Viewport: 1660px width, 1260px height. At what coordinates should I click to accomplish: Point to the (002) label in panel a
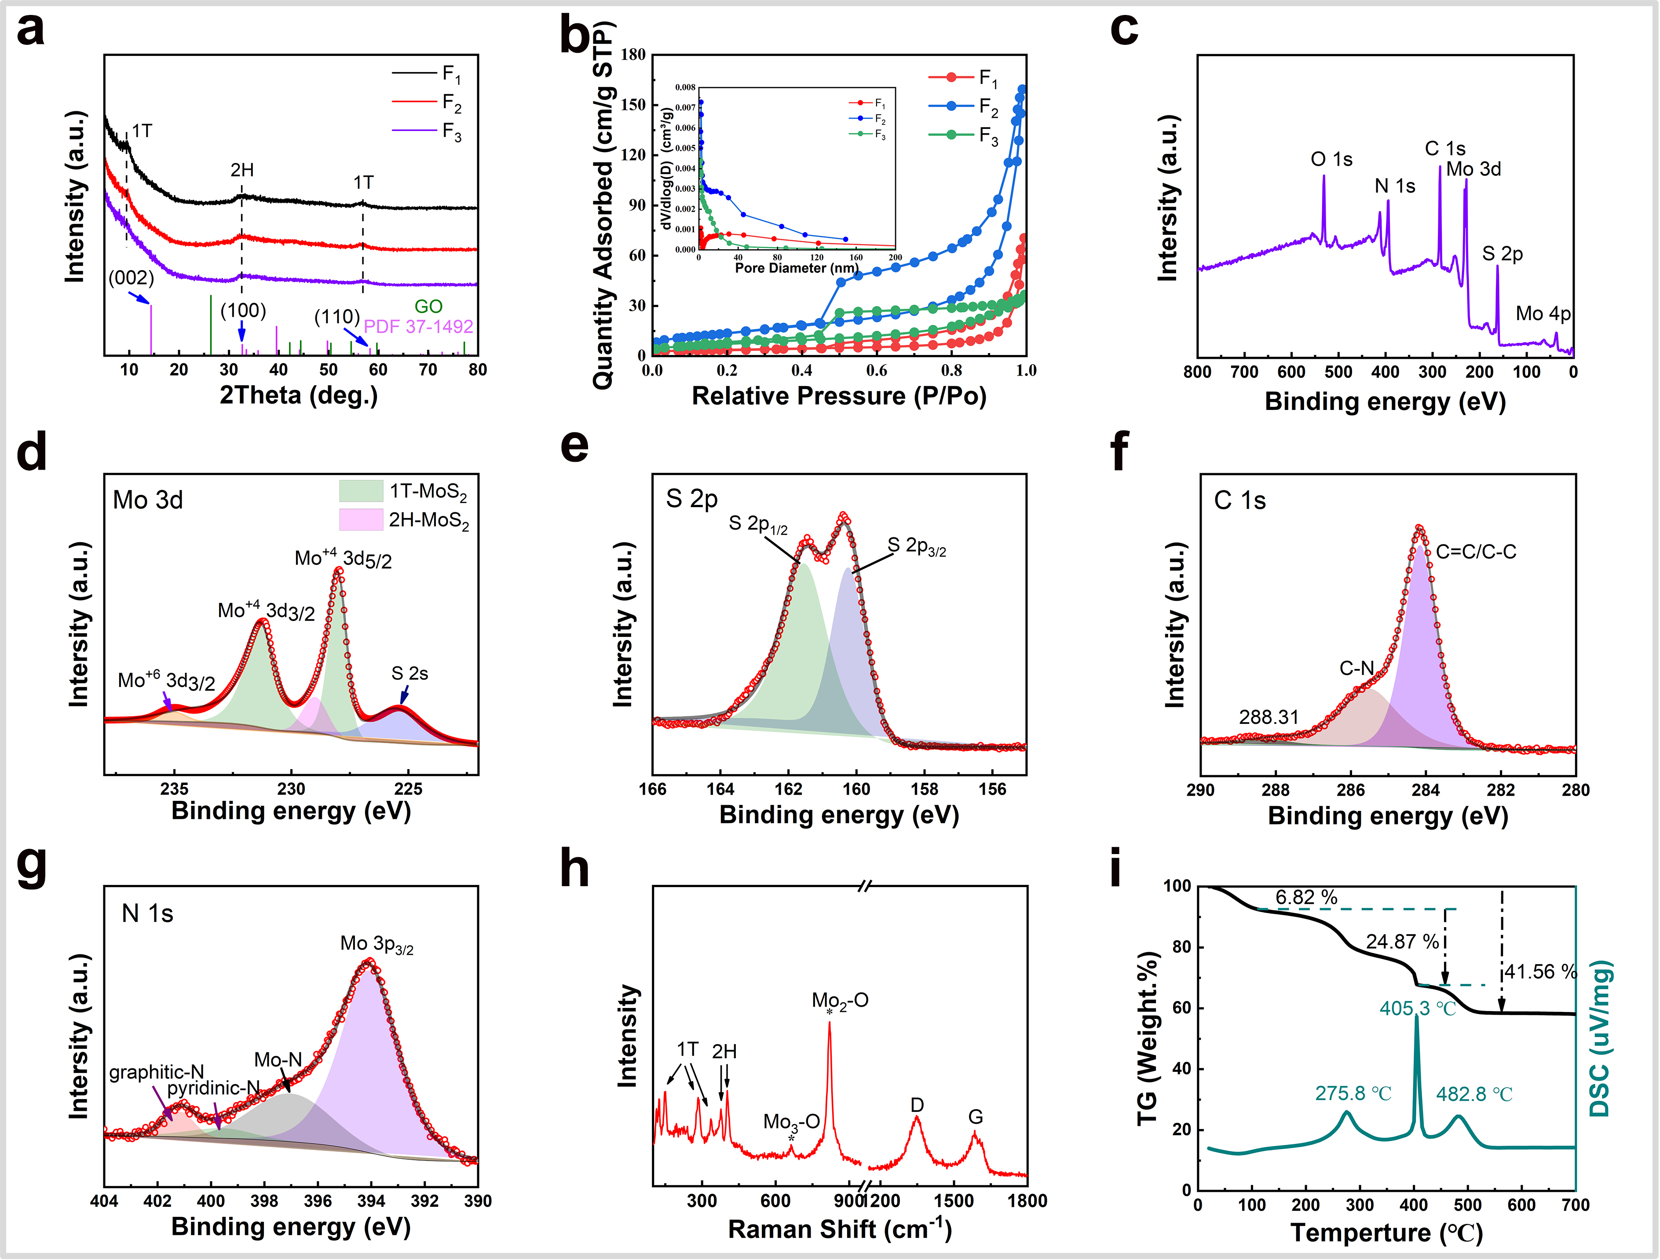point(132,278)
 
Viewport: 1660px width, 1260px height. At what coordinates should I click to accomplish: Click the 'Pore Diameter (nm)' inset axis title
point(796,268)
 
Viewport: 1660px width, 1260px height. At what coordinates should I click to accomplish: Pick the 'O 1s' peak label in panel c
point(1331,159)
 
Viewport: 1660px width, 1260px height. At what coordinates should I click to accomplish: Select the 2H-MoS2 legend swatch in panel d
point(361,519)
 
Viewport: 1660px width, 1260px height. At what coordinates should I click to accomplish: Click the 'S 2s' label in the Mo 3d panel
point(410,673)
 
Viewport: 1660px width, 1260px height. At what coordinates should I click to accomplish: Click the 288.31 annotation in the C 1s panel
point(1268,717)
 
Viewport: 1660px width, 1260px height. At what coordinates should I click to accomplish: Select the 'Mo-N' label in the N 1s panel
point(278,1059)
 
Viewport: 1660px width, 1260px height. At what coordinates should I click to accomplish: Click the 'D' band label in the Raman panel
point(917,1105)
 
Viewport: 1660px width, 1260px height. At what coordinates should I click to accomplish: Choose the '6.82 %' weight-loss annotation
point(1306,898)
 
